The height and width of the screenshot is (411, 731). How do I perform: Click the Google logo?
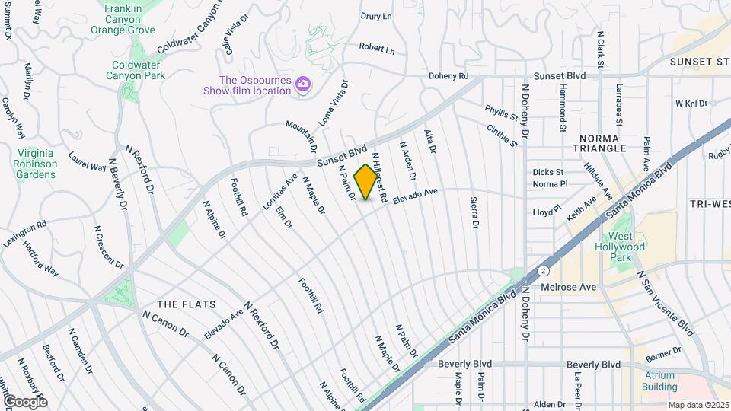tap(24, 401)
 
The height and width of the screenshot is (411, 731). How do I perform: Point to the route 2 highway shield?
tap(542, 270)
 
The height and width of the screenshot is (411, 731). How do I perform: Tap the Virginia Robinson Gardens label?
tap(35, 163)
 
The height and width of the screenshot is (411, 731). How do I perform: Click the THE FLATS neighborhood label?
tap(182, 304)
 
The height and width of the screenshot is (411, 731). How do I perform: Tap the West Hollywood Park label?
tap(621, 252)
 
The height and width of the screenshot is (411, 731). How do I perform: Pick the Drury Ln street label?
tap(376, 15)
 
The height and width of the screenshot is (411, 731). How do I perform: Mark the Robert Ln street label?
tap(377, 49)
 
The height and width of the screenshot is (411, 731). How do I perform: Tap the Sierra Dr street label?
tap(474, 213)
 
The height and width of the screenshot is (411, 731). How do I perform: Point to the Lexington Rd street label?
tap(24, 231)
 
